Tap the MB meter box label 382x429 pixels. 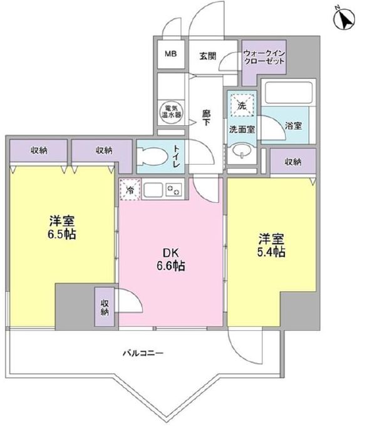(170, 54)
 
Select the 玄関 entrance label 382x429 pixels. (208, 55)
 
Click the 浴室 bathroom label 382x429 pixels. (293, 125)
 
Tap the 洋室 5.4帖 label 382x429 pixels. (270, 246)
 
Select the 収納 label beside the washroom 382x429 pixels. (293, 162)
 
